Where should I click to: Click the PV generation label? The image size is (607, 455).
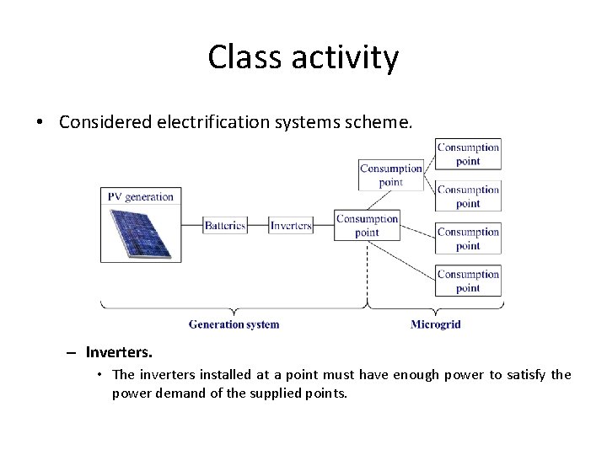(x=140, y=196)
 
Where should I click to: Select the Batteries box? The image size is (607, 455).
(x=225, y=225)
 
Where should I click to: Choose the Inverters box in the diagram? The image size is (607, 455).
(x=291, y=225)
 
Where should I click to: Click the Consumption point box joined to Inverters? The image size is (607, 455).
(x=367, y=225)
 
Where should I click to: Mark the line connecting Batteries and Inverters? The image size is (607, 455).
(x=258, y=225)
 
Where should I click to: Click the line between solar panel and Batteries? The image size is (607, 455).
(x=188, y=225)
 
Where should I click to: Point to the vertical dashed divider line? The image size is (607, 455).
(x=367, y=270)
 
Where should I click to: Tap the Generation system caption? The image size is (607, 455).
(x=234, y=324)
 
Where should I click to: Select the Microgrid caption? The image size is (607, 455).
(x=435, y=324)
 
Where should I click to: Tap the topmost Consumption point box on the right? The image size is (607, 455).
(x=468, y=154)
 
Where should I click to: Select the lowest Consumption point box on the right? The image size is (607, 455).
(x=468, y=281)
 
